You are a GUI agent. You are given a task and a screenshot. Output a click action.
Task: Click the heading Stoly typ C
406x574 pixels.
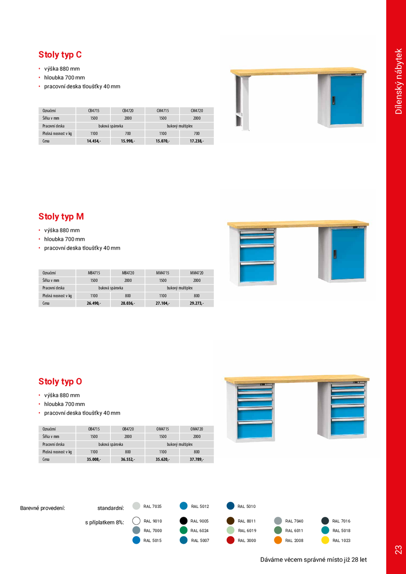[60, 55]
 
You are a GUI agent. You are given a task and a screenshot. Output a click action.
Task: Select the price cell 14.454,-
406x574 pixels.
[93, 141]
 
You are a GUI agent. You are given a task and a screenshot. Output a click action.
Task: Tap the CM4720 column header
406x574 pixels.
[196, 110]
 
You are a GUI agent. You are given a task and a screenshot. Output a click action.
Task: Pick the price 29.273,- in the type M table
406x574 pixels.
[196, 303]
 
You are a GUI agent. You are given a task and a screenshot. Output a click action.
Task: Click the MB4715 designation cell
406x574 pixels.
[93, 273]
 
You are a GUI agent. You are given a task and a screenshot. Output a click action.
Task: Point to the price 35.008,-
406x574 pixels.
[93, 459]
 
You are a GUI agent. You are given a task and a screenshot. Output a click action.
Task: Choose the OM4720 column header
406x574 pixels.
[196, 429]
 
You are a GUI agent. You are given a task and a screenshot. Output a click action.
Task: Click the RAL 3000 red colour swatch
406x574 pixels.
[230, 540]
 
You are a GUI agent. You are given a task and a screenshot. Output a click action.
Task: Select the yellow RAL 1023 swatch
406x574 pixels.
[325, 540]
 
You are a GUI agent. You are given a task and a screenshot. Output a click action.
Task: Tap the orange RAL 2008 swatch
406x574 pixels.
[278, 540]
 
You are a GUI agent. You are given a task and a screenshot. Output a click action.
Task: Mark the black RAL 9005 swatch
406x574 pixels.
[184, 521]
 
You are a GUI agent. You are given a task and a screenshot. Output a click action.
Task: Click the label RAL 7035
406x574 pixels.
[152, 506]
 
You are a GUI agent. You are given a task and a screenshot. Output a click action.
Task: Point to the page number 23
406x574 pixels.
[398, 549]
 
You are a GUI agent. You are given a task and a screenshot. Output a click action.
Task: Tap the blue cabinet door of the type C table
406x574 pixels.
[346, 100]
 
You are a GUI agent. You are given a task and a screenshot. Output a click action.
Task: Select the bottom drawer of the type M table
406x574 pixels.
[257, 273]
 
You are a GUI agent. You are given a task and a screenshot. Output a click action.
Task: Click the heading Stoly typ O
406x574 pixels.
[60, 381]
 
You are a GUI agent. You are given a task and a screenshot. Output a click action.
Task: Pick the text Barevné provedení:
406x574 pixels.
[42, 508]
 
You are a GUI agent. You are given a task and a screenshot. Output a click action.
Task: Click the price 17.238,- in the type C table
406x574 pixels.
[196, 141]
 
